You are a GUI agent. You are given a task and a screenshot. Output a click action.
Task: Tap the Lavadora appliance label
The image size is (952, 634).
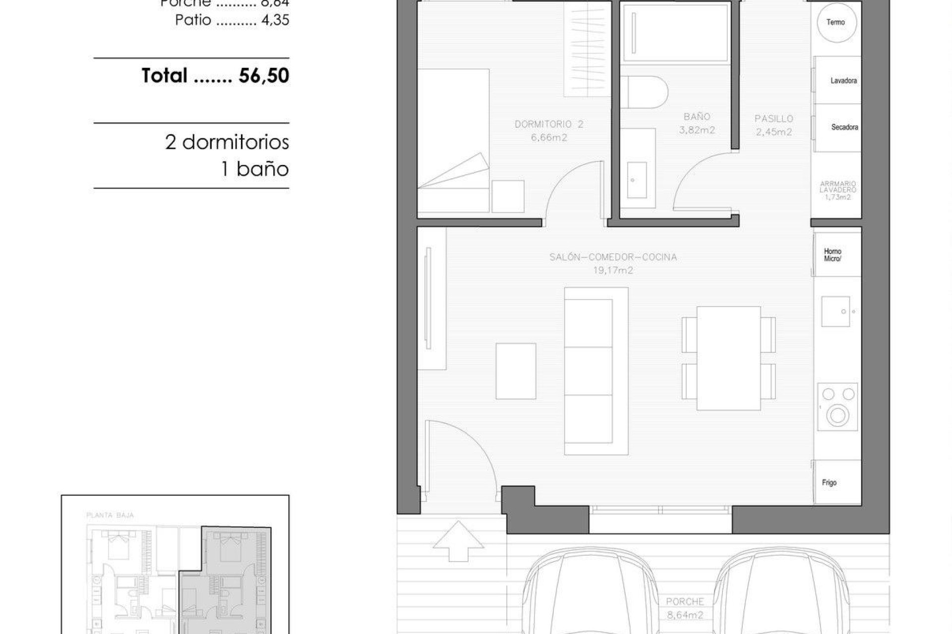point(843,81)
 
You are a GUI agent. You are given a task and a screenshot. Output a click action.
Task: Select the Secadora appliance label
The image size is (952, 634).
point(844,127)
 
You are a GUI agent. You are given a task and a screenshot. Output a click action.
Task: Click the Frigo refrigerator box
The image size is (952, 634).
point(837,482)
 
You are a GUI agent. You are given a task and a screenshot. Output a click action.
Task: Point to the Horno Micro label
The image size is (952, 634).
point(833,255)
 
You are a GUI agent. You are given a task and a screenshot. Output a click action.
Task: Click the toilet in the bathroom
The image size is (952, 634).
point(644,92)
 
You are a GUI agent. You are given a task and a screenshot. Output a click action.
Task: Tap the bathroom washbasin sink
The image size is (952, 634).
point(637,179)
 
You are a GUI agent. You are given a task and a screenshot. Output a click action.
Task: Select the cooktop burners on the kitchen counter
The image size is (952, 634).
point(837,406)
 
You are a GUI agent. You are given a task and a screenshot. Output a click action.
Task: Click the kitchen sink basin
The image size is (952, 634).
point(835,312)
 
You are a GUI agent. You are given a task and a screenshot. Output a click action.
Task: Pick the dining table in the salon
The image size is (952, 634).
point(728,358)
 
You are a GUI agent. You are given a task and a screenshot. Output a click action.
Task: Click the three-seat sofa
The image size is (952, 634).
point(595,371)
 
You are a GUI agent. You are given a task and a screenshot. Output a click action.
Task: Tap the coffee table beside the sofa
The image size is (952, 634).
point(516,371)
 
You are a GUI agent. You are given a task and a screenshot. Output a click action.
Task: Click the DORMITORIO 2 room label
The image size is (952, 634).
point(549,124)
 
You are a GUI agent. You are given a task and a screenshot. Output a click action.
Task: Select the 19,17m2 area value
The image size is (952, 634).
point(613,270)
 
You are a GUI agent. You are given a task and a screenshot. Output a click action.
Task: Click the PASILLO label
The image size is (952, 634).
point(773,119)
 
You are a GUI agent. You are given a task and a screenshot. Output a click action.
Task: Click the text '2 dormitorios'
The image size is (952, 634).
point(227,142)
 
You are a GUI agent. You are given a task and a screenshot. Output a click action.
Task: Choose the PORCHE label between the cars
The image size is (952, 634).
point(685,602)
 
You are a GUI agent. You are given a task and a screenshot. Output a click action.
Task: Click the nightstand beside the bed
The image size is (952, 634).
point(508,197)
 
